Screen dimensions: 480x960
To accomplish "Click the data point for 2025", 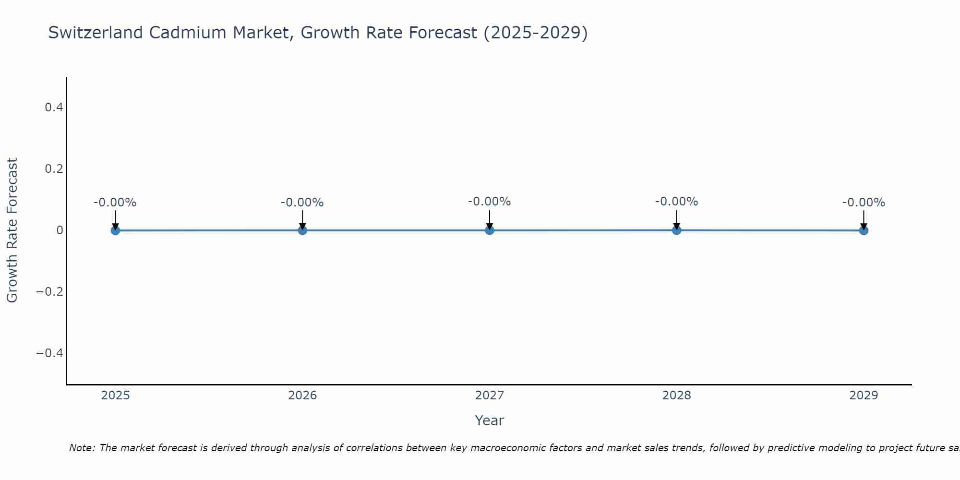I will [115, 230].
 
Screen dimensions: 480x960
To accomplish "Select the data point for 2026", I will [302, 230].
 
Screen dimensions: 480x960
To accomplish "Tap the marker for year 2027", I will [490, 230].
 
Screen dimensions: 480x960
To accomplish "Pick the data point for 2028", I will [676, 230].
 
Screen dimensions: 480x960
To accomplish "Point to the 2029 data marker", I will [864, 230].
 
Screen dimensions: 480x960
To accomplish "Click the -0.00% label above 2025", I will [115, 203].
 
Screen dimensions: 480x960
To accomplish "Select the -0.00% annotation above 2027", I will [490, 202].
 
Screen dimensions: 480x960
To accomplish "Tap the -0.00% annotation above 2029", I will [864, 203].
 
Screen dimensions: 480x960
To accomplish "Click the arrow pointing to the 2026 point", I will [302, 219].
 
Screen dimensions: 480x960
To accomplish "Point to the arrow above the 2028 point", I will [676, 219].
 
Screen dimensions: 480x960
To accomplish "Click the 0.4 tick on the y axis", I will [54, 108].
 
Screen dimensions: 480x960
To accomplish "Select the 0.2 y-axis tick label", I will [54, 169].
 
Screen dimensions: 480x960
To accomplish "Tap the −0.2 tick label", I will [50, 292].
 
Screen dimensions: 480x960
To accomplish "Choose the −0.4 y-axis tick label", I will [50, 353].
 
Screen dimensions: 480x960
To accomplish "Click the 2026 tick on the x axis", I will [302, 396].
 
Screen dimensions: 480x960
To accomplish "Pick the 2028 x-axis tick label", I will [676, 396].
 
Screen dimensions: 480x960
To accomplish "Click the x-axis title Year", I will [489, 420].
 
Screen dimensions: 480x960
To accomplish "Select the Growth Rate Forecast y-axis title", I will [12, 230].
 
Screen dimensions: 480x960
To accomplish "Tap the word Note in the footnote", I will [82, 448].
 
